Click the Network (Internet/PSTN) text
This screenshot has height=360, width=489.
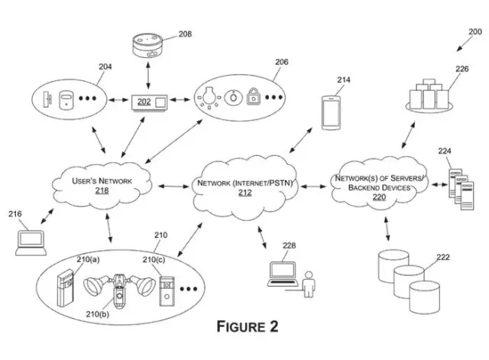point(246,184)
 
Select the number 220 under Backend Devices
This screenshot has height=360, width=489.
point(379,196)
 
